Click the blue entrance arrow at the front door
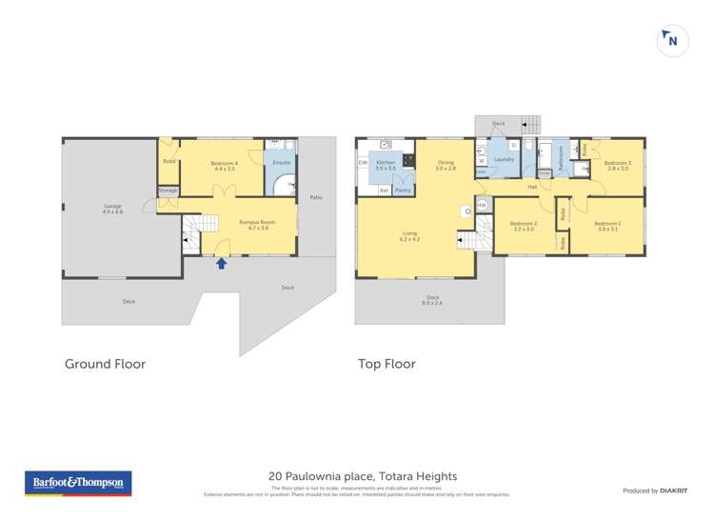222,263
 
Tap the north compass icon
673,41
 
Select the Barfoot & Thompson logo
78,483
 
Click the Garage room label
113,209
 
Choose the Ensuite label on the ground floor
281,163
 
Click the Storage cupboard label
169,190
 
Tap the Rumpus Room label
258,225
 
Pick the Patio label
316,197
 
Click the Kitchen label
385,165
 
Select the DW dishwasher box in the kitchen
363,163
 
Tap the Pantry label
403,190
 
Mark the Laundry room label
505,159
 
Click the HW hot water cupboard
482,205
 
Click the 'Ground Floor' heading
105,363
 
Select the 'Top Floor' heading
387,363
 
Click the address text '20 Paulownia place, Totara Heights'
363,476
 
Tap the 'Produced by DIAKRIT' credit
654,491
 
